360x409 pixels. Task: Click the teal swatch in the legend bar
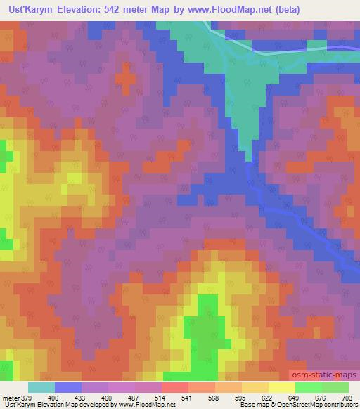41,387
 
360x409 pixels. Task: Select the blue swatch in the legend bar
67,387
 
